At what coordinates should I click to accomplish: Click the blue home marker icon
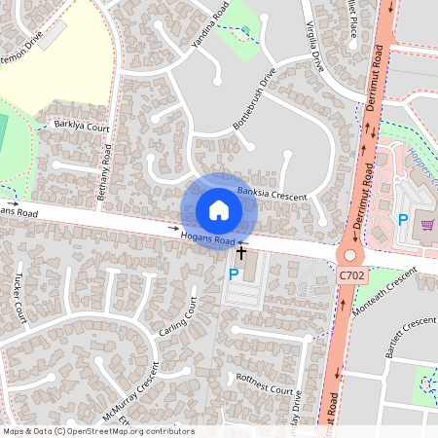[x=219, y=210]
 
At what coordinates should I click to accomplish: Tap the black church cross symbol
[x=241, y=252]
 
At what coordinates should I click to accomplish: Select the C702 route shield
[x=351, y=277]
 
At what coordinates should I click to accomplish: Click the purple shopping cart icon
[x=427, y=224]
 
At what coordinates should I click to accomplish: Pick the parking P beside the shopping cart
[x=403, y=220]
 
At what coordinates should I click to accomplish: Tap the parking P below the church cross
[x=233, y=275]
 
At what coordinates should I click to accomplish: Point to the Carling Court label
[x=178, y=317]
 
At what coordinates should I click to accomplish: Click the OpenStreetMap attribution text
[x=98, y=430]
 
